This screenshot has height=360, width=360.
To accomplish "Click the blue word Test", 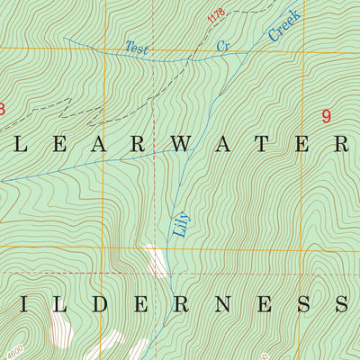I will click(x=137, y=48).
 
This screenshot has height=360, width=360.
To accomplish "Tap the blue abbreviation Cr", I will click(x=222, y=44).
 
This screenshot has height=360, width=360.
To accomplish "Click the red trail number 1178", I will click(x=215, y=15).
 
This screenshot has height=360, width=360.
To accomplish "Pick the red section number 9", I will click(x=326, y=116).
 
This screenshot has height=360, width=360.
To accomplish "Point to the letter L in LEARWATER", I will click(x=15, y=144).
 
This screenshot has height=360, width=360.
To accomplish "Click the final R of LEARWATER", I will click(x=343, y=144).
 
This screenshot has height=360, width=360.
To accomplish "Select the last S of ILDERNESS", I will click(x=343, y=303).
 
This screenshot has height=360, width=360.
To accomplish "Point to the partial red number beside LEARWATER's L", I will click(x=2, y=110).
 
